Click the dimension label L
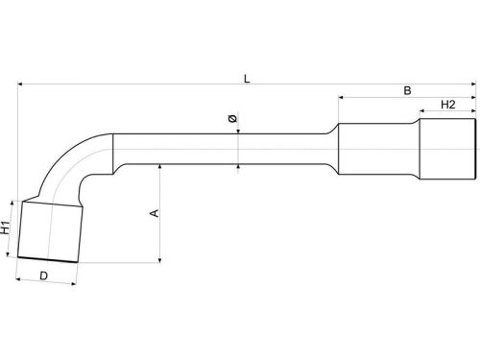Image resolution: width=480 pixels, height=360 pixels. pyautogui.click(x=247, y=78)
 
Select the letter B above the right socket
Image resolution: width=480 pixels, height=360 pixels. pyautogui.click(x=406, y=90)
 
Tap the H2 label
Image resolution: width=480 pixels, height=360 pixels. pyautogui.click(x=446, y=104)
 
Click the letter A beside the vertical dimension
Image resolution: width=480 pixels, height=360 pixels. pyautogui.click(x=154, y=213)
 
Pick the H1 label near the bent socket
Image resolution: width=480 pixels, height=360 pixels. pyautogui.click(x=7, y=229)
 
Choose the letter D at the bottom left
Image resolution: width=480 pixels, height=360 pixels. pyautogui.click(x=44, y=276)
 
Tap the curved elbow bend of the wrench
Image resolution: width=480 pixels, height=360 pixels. pyautogui.click(x=82, y=163)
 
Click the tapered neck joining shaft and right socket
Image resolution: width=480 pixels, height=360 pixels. pyautogui.click(x=329, y=149)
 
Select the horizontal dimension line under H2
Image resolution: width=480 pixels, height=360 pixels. pyautogui.click(x=446, y=111)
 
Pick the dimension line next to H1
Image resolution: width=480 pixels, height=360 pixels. pyautogui.click(x=13, y=228)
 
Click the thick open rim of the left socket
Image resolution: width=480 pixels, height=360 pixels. pyautogui.click(x=48, y=257)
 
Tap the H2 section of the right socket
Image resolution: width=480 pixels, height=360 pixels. pyautogui.click(x=446, y=149)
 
